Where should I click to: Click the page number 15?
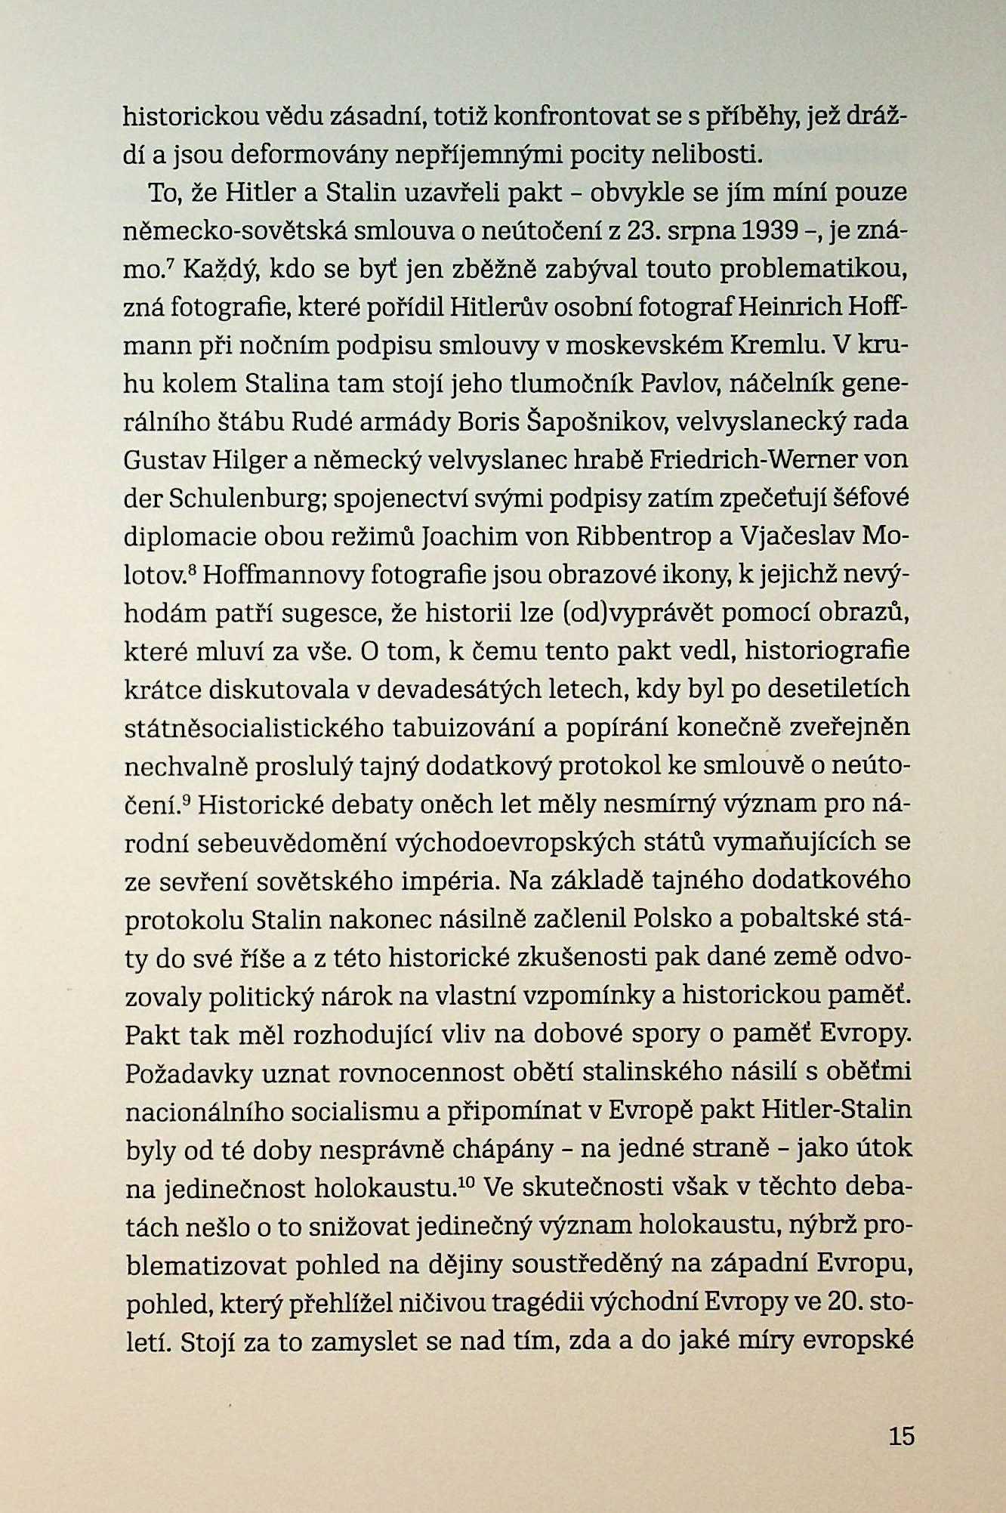(902, 1435)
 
